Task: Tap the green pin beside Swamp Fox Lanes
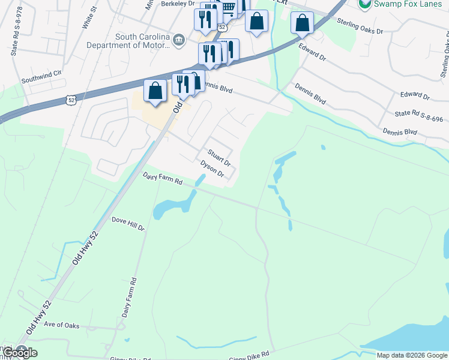click(x=364, y=4)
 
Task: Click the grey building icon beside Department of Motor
click(x=178, y=40)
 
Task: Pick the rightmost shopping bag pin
click(x=303, y=23)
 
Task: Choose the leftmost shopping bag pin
click(x=155, y=91)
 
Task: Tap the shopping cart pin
click(x=228, y=7)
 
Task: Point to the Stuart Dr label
click(x=219, y=158)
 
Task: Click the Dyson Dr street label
click(x=212, y=169)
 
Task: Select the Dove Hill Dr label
click(x=128, y=224)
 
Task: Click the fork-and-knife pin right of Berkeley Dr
click(x=205, y=20)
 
